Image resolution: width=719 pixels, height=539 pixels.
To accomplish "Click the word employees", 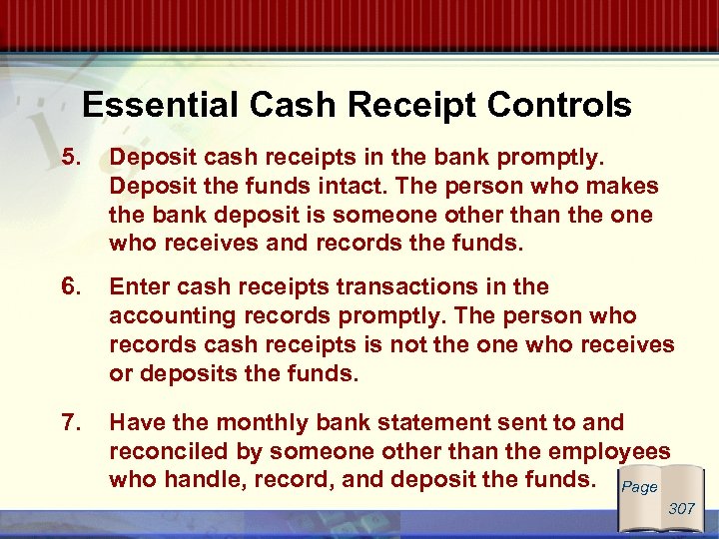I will [x=611, y=451].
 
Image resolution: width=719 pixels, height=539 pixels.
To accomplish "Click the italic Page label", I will [x=639, y=487].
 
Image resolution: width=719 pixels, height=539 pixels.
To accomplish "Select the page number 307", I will [x=682, y=509].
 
